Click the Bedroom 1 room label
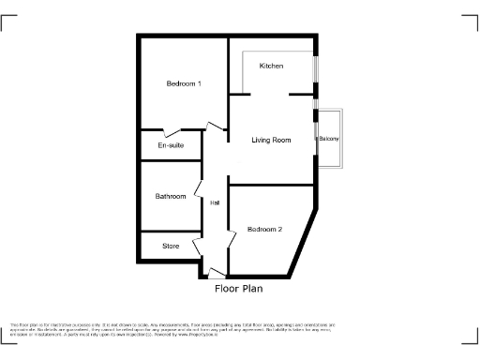184,84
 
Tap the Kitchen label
272,66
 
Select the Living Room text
271,140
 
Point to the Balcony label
328,140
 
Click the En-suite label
171,145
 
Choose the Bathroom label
171,196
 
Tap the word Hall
215,203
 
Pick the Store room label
171,246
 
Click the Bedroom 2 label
265,229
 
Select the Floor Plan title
239,290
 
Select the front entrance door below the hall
216,275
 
